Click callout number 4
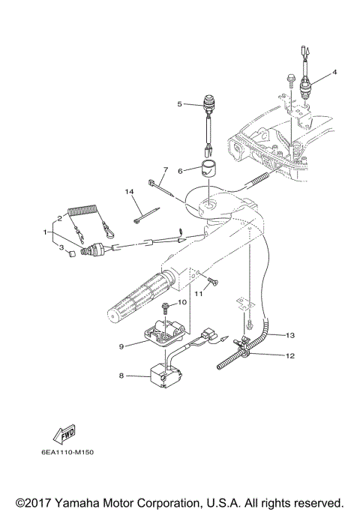335,72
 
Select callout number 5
180,103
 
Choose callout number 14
129,192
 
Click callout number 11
199,294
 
